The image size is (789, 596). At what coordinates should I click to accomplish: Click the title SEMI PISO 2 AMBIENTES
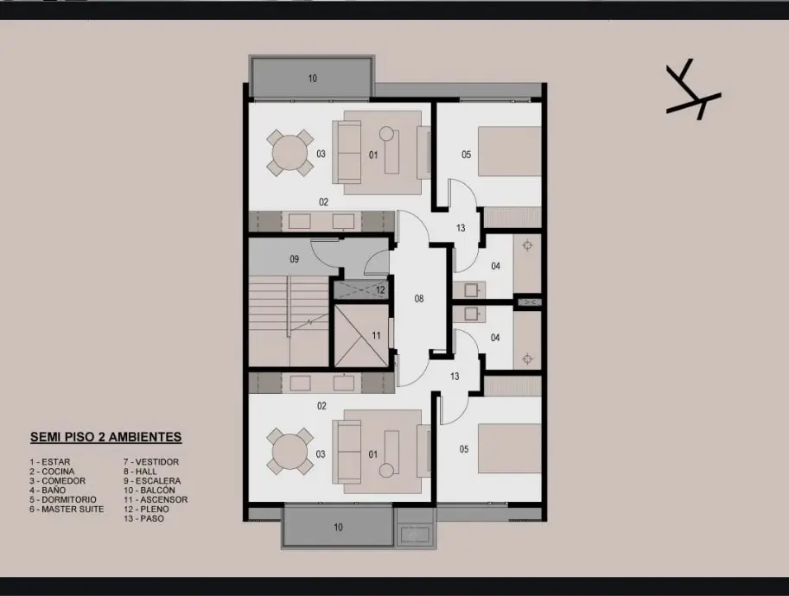pyautogui.click(x=105, y=437)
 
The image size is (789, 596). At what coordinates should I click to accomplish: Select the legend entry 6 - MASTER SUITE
pyautogui.click(x=67, y=509)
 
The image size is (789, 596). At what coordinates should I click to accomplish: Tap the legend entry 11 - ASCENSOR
pyautogui.click(x=156, y=499)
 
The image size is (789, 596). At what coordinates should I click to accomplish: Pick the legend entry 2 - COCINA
pyautogui.click(x=52, y=472)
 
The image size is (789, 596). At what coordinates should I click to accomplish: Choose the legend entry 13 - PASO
pyautogui.click(x=144, y=518)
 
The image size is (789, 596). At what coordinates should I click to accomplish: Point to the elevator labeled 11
pyautogui.click(x=361, y=335)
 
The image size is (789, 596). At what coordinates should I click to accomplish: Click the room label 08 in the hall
pyautogui.click(x=419, y=299)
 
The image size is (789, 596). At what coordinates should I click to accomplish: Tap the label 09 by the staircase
pyautogui.click(x=295, y=259)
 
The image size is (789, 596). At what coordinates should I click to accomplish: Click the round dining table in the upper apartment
pyautogui.click(x=290, y=153)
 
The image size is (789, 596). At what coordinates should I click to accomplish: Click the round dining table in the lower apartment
pyautogui.click(x=290, y=451)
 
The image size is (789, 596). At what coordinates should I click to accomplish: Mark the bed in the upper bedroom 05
pyautogui.click(x=509, y=151)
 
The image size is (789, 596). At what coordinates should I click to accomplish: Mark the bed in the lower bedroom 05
pyautogui.click(x=509, y=448)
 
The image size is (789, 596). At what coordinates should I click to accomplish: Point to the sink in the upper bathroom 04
pyautogui.click(x=470, y=290)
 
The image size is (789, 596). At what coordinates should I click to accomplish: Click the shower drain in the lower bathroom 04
pyautogui.click(x=527, y=358)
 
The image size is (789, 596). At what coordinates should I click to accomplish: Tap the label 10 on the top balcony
pyautogui.click(x=313, y=79)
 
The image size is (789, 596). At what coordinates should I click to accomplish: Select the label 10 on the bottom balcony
pyautogui.click(x=338, y=527)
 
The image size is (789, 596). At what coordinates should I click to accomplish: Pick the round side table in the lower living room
pyautogui.click(x=386, y=470)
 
